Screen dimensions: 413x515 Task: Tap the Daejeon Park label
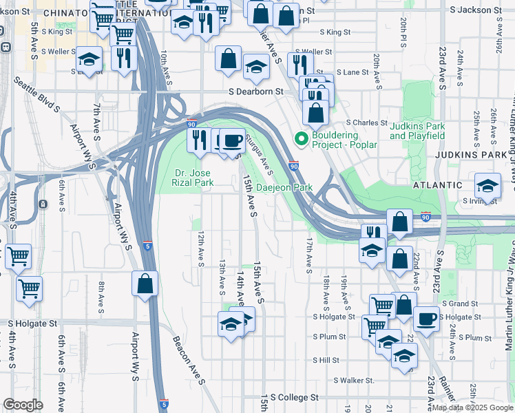click(x=284, y=187)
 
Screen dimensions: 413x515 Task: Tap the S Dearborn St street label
click(x=256, y=92)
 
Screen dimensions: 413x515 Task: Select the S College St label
click(x=294, y=397)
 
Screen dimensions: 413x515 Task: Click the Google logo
click(x=23, y=405)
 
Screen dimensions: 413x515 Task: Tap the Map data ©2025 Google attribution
click(x=472, y=407)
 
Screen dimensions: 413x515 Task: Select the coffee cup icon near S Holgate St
click(x=426, y=319)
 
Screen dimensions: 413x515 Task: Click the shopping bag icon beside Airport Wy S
click(x=145, y=283)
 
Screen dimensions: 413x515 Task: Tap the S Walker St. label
click(x=353, y=380)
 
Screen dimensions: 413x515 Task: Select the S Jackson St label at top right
click(x=475, y=11)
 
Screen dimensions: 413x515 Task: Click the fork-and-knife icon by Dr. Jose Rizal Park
click(x=198, y=140)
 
